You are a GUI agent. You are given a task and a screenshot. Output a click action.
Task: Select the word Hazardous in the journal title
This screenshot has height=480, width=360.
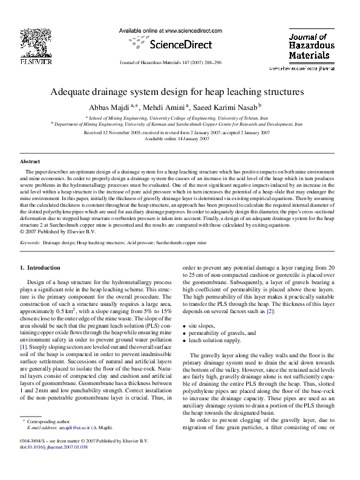coord(311,45)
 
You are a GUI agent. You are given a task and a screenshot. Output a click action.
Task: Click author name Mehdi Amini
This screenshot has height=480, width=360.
coord(165,107)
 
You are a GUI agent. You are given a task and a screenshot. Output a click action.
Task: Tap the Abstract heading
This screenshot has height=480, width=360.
coord(30,162)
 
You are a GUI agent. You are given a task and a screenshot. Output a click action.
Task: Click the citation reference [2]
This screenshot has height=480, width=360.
coord(271,310)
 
